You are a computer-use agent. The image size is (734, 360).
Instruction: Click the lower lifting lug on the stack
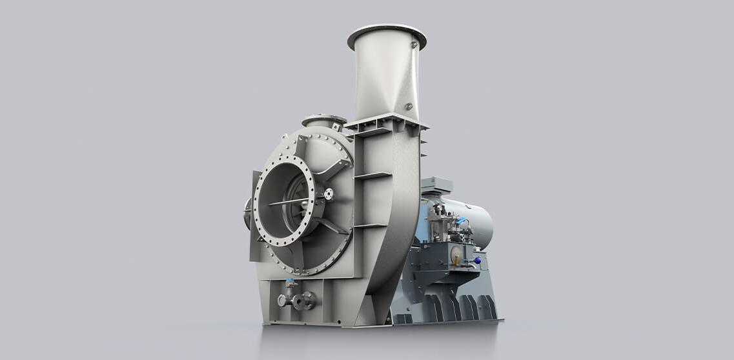pyautogui.click(x=408, y=106)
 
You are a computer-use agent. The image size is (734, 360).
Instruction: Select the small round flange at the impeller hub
pyautogui.click(x=329, y=194)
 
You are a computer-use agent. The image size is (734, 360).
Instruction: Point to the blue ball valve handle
pyautogui.click(x=477, y=260)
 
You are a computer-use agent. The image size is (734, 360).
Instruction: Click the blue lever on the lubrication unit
pyautogui.click(x=462, y=221)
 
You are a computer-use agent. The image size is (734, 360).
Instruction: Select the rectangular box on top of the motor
pyautogui.click(x=436, y=185)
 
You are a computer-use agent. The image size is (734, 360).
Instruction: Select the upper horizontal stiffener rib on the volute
pyautogui.click(x=373, y=175)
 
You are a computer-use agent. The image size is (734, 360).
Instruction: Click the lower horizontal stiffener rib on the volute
pyautogui.click(x=372, y=225)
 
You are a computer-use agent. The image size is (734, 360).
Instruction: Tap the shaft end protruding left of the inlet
pyautogui.click(x=247, y=213)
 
